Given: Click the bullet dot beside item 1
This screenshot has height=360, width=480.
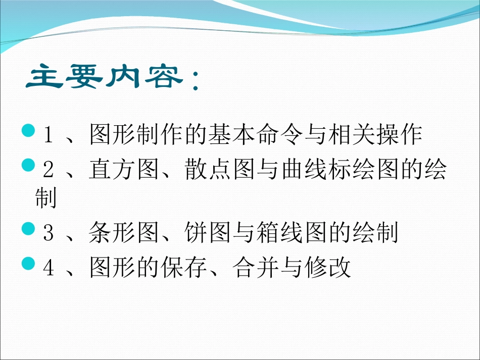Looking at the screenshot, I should [29, 132].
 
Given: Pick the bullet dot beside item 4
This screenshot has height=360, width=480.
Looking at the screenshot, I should [29, 263].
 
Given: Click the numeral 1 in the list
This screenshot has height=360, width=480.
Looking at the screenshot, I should [49, 135].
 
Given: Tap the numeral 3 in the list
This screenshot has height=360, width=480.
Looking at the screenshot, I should [49, 233].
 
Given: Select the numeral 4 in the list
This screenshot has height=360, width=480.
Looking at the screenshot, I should [49, 268].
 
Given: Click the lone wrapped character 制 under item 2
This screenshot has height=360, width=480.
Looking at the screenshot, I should [45, 198].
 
